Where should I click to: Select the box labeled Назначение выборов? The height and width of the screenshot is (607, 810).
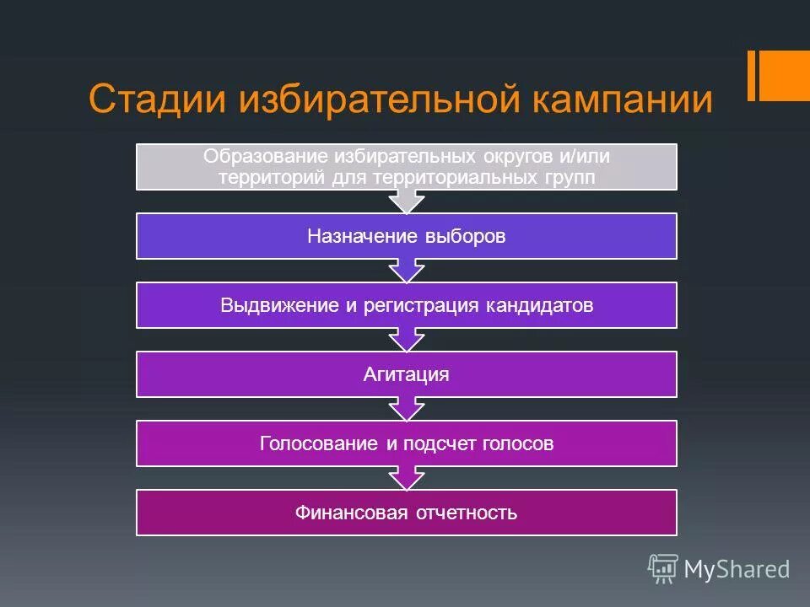pos(406,236)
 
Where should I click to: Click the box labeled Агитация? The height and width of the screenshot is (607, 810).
pos(406,374)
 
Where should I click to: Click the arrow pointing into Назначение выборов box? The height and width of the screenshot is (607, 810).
pos(406,202)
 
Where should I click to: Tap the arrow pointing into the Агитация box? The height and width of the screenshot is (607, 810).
pos(406,341)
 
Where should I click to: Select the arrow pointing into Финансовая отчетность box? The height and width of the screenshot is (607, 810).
pos(406,479)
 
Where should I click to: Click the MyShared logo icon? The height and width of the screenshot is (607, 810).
pos(662,569)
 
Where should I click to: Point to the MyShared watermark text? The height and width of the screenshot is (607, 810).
pos(736,570)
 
